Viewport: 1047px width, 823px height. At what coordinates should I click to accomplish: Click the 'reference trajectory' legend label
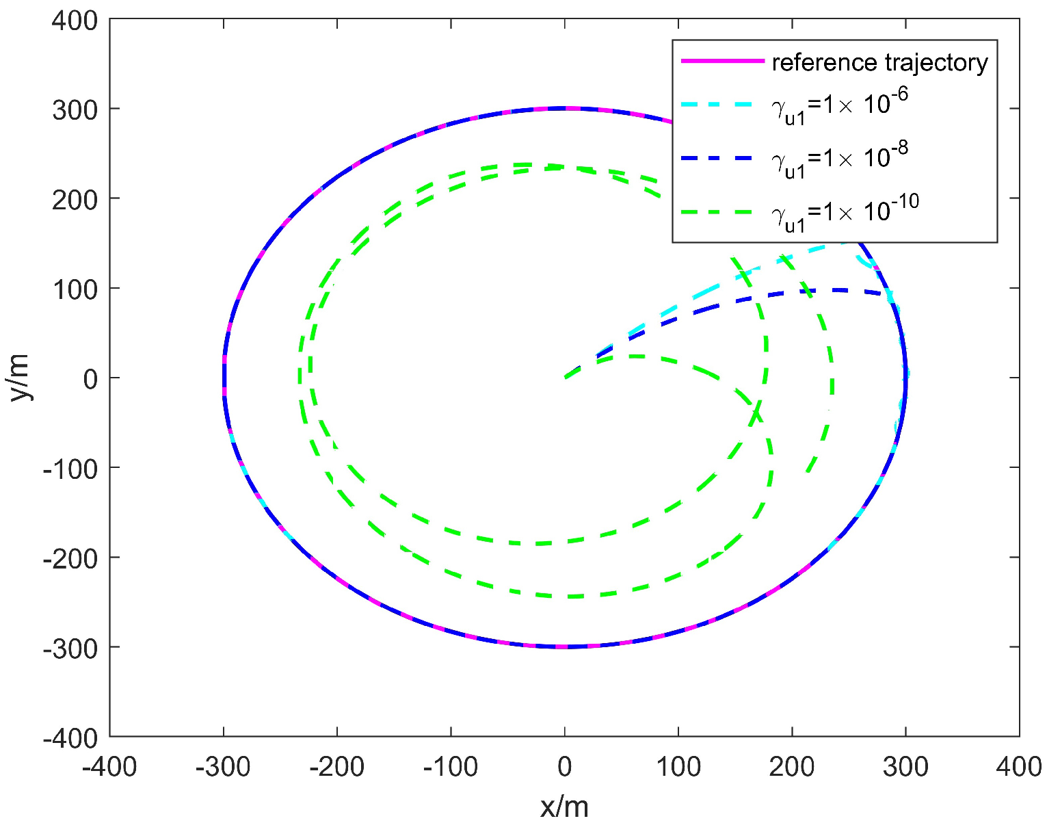coord(879,62)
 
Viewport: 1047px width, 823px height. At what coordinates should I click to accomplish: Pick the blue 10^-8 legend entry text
coord(840,161)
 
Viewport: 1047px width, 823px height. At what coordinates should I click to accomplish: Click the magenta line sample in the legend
coord(722,62)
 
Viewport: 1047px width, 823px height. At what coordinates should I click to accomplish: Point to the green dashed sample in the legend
coord(722,212)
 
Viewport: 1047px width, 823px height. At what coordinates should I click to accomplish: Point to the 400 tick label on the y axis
coord(75,21)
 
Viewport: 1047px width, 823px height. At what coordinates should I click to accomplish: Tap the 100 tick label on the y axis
coord(75,288)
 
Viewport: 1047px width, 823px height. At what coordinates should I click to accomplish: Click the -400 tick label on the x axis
coord(109,767)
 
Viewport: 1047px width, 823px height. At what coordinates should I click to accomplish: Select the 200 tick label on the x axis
coord(792,767)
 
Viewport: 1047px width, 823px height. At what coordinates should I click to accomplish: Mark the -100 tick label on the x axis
coord(450,767)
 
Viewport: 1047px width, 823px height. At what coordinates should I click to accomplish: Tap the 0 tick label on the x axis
coord(564,767)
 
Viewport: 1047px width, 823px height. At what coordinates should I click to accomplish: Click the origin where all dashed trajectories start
coord(564,378)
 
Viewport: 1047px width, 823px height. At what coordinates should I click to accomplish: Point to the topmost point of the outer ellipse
coord(564,108)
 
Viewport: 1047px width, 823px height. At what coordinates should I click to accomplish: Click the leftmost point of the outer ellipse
coord(224,378)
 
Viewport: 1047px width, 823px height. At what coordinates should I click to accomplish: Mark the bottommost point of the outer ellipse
coord(564,646)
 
